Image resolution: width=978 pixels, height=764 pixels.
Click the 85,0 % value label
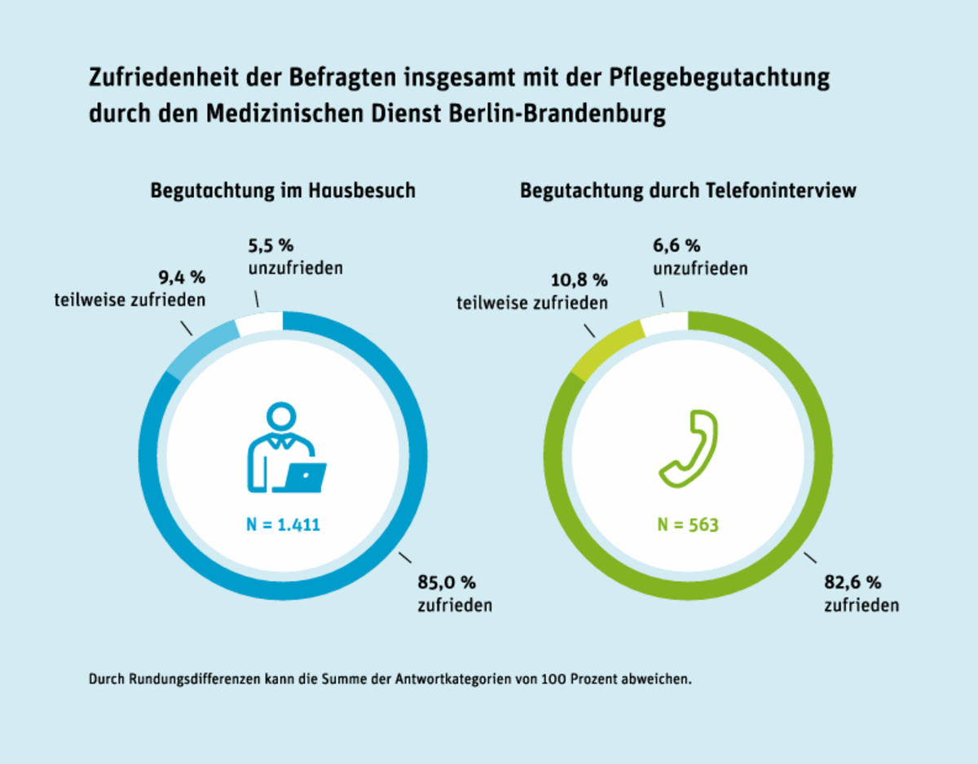pyautogui.click(x=446, y=583)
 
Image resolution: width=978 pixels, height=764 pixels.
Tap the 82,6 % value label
pyautogui.click(x=853, y=583)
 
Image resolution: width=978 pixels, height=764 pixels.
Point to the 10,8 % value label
pyautogui.click(x=578, y=281)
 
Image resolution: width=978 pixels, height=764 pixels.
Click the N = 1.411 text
pyautogui.click(x=283, y=525)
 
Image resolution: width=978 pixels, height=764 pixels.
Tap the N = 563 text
pyautogui.click(x=689, y=525)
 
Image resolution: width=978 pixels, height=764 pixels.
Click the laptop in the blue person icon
pyautogui.click(x=300, y=476)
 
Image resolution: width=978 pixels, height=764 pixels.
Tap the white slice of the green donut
pyautogui.click(x=665, y=324)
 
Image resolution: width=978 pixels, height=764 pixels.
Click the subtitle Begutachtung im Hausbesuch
pyautogui.click(x=283, y=191)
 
